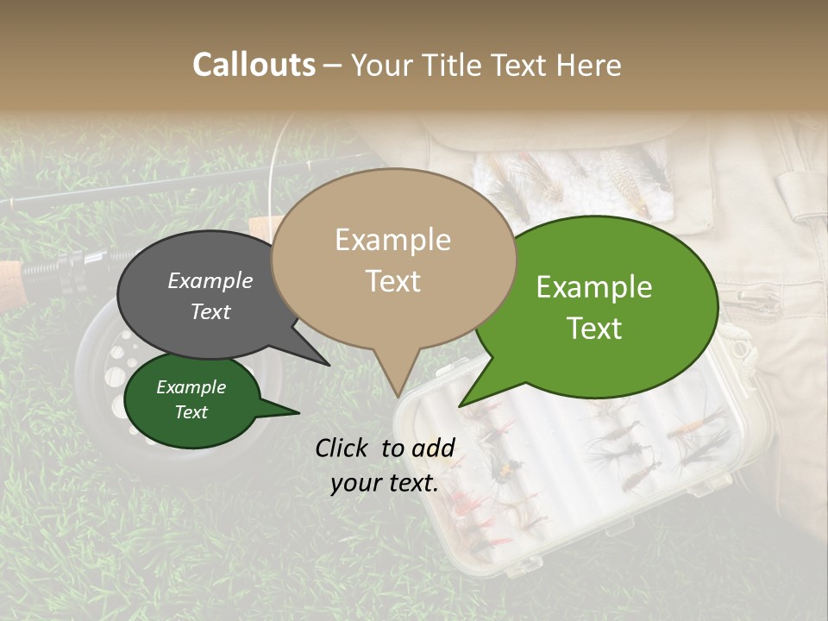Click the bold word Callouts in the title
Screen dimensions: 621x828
point(254,65)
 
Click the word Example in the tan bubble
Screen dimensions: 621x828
point(392,240)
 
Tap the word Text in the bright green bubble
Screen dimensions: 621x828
point(594,329)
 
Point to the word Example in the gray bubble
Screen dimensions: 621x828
point(210,281)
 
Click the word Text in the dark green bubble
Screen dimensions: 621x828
point(191,412)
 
